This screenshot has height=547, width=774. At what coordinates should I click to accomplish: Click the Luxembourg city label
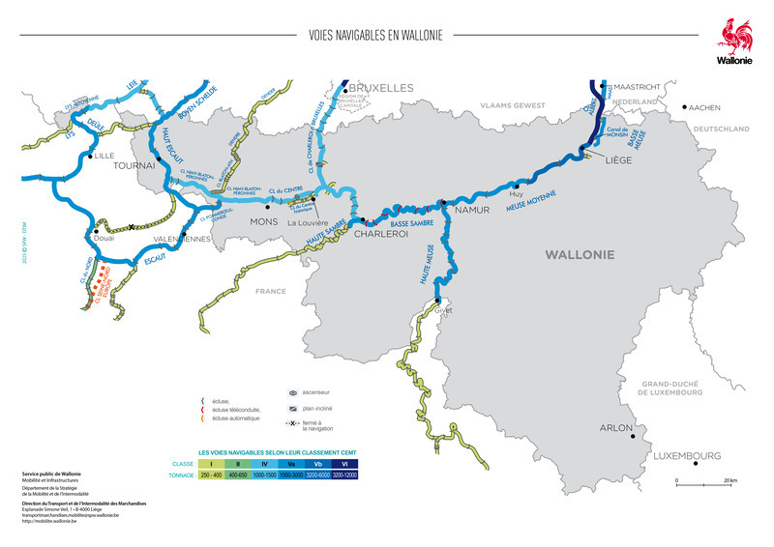pyautogui.click(x=686, y=455)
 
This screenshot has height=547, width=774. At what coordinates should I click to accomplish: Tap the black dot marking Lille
pyautogui.click(x=90, y=155)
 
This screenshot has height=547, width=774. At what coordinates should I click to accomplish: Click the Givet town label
pyautogui.click(x=443, y=310)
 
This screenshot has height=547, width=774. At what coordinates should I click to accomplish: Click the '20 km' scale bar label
pyautogui.click(x=729, y=480)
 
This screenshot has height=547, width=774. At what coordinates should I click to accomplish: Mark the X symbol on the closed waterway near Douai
pyautogui.click(x=133, y=226)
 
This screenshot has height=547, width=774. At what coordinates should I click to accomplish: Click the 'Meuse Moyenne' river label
pyautogui.click(x=531, y=202)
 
